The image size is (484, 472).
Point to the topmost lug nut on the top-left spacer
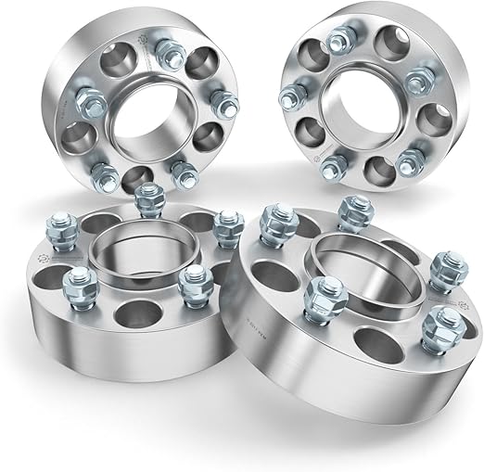click(168, 53)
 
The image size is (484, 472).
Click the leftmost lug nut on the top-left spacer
click(80, 97)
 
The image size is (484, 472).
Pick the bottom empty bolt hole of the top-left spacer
click(136, 177)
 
